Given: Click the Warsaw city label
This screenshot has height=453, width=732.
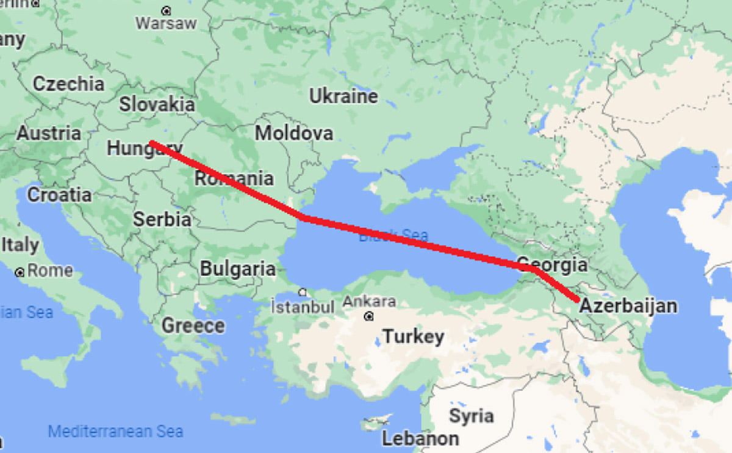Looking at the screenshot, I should pos(166,24).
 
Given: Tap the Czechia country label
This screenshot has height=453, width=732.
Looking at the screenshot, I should pos(68,84).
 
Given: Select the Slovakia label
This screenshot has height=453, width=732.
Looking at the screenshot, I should pos(157,104).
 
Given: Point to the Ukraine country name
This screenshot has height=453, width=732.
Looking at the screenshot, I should pos(343,96).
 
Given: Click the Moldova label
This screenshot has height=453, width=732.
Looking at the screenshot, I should pos(294,132).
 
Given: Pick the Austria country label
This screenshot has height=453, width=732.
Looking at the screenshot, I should pos(49,133).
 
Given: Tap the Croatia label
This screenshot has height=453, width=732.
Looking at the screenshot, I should pos(60,195).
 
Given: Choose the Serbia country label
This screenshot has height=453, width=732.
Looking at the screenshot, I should pos(162,219).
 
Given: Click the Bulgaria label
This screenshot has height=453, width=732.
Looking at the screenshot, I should pos(238,268).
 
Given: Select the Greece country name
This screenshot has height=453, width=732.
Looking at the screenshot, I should pos(193,325).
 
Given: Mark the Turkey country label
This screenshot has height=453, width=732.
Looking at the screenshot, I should pos(413,337).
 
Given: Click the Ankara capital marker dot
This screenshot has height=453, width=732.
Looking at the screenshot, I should pos(369,317).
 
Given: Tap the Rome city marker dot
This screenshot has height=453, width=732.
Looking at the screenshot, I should pos(21,272).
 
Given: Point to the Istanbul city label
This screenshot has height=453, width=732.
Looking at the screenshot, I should pos(303,306).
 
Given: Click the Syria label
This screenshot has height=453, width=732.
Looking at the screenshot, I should pos(471,416).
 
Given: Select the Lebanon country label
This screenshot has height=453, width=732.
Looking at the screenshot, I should pos(420,438).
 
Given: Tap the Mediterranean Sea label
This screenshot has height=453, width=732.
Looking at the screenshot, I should pos(115,432).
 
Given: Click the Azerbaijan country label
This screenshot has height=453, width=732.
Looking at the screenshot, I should pos(628,306).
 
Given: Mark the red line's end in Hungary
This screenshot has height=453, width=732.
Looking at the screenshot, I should pos(151,143).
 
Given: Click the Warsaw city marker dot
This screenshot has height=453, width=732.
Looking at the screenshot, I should pos(167,10).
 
